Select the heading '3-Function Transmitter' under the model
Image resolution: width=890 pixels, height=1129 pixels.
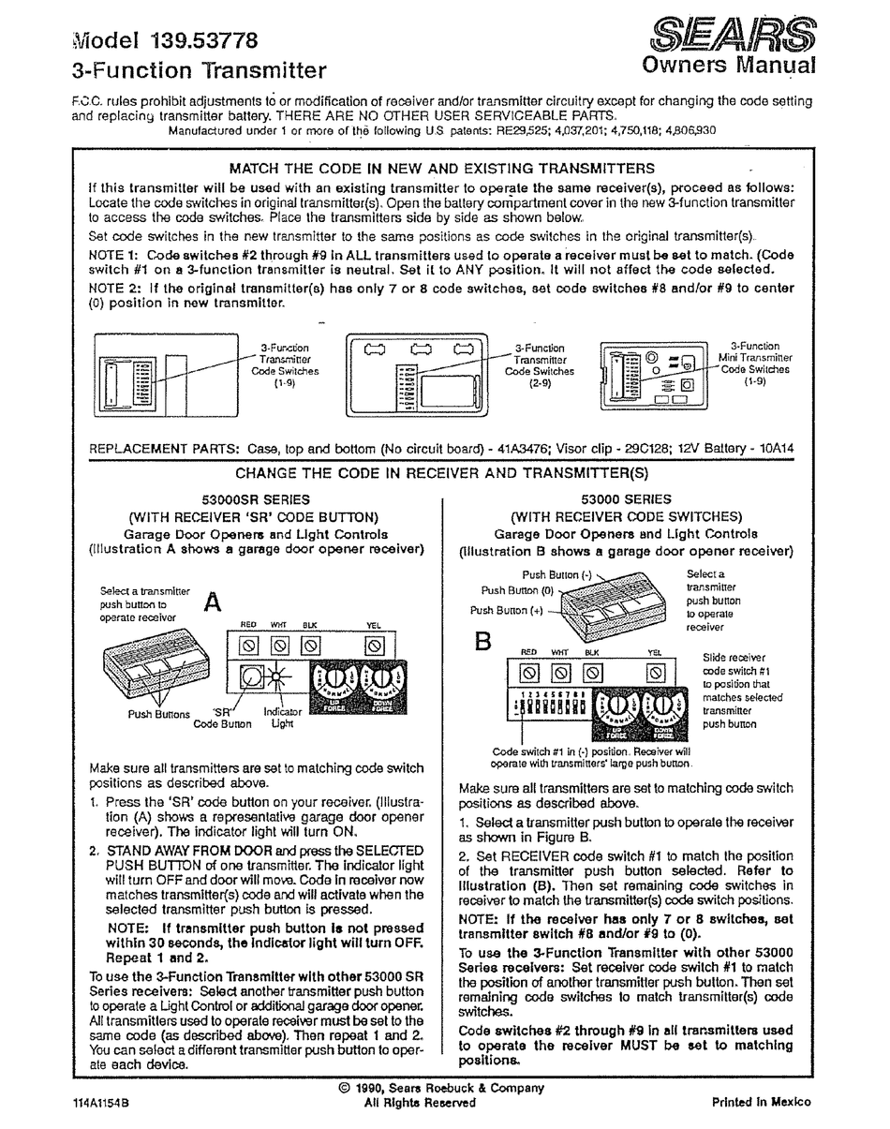pyautogui.click(x=199, y=70)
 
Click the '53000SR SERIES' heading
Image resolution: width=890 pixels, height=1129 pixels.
pyautogui.click(x=256, y=500)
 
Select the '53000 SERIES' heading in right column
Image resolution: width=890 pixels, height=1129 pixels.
pyautogui.click(x=626, y=500)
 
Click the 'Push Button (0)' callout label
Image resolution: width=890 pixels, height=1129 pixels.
pyautogui.click(x=517, y=591)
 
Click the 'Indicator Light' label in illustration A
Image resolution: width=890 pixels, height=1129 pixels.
pyautogui.click(x=283, y=718)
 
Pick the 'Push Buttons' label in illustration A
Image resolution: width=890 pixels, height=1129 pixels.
pyautogui.click(x=158, y=714)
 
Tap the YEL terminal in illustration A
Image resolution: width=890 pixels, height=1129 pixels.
pyautogui.click(x=374, y=646)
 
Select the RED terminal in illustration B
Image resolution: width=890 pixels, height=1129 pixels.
pyautogui.click(x=529, y=672)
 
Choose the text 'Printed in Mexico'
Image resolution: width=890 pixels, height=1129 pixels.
pyautogui.click(x=762, y=1102)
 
